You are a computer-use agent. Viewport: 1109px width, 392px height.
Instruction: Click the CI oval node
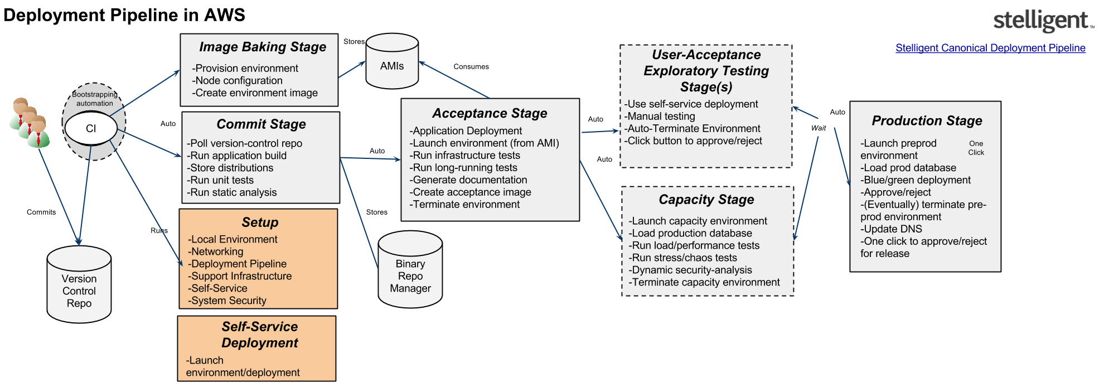pyautogui.click(x=91, y=128)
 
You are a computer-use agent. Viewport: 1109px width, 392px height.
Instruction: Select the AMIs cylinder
pyautogui.click(x=392, y=62)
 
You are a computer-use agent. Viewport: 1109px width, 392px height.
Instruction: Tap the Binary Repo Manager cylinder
pyautogui.click(x=410, y=270)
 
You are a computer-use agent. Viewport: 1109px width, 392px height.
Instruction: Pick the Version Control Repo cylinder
pyautogui.click(x=79, y=285)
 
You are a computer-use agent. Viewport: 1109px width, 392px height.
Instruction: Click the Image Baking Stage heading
pyautogui.click(x=263, y=47)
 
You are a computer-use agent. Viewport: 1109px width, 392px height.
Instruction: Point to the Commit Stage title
pyautogui.click(x=261, y=124)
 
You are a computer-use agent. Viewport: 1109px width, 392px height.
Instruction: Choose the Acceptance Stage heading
pyautogui.click(x=490, y=113)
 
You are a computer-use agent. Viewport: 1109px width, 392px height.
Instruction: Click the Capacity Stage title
pyautogui.click(x=706, y=200)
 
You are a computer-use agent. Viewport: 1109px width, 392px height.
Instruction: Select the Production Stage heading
pyautogui.click(x=927, y=120)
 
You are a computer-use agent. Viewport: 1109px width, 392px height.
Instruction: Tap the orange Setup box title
pyautogui.click(x=260, y=222)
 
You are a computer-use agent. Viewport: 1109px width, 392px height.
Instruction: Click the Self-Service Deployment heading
pyautogui.click(x=260, y=335)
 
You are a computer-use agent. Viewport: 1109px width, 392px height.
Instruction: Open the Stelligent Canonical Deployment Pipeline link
pyautogui.click(x=990, y=48)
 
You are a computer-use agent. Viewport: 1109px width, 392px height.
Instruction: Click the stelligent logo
pyautogui.click(x=1043, y=21)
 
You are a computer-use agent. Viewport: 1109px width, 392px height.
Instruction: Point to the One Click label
pyautogui.click(x=976, y=148)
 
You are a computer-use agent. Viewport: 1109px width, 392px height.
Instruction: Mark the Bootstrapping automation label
pyautogui.click(x=95, y=99)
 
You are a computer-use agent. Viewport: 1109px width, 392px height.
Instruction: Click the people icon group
pyautogui.click(x=30, y=123)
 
